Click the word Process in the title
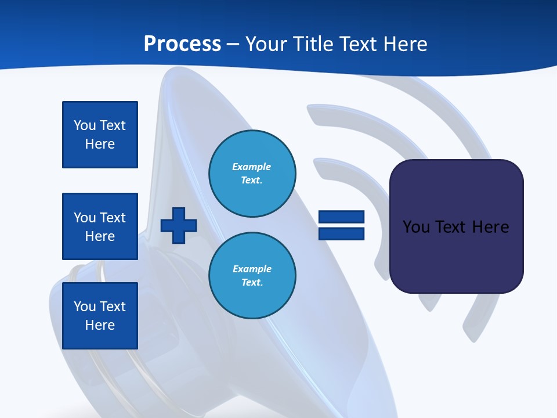coord(182,44)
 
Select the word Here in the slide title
coord(403,44)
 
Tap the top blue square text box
coord(100,135)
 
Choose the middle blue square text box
coord(100,226)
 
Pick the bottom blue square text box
coord(100,316)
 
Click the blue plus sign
coord(179,226)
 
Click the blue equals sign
coord(341,225)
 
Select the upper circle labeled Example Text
coord(252,174)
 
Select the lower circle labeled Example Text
coord(252,276)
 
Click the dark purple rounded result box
coord(456,226)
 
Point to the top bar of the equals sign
coord(341,217)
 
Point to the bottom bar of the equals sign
coord(341,233)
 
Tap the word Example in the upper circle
coord(252,167)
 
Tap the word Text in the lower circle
coord(252,283)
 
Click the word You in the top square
coord(84,125)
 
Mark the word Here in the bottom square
coord(100,325)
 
